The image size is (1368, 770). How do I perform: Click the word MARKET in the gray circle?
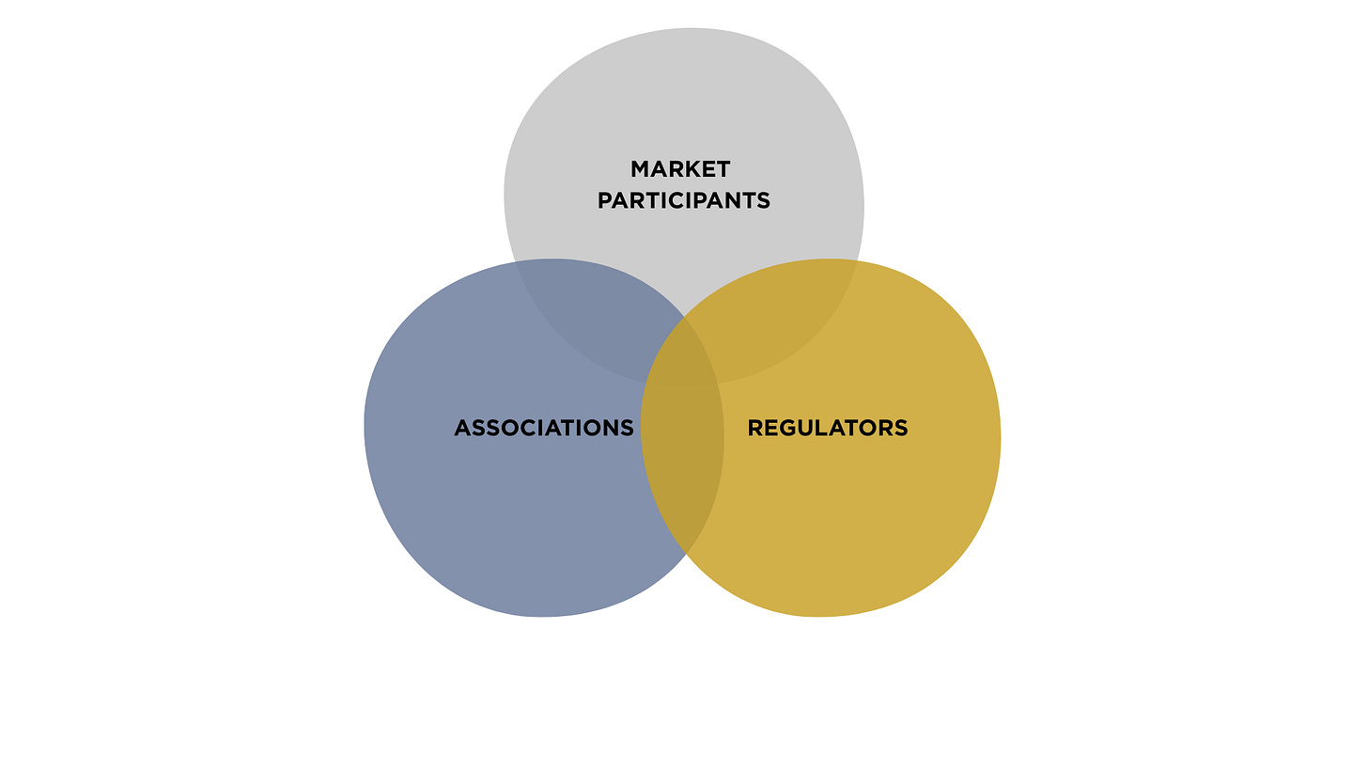coord(680,169)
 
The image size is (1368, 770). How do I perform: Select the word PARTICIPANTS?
coord(684,200)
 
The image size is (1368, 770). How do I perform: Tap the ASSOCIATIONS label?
coord(544,428)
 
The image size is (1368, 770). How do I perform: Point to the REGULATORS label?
coord(828,428)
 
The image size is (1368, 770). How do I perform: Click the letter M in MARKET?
coord(641,169)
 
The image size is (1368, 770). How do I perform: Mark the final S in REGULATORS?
coord(901,428)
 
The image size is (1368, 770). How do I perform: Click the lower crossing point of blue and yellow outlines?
coord(686,553)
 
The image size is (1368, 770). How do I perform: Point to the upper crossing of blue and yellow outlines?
coord(684,318)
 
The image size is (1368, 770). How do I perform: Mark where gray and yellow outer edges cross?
coord(857,262)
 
